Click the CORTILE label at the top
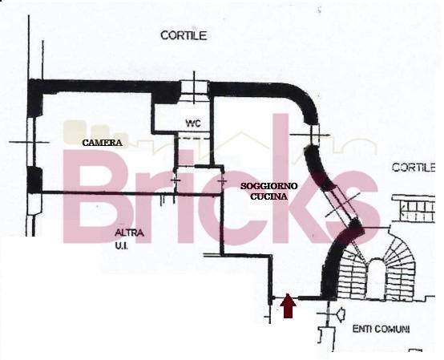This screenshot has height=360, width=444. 184,36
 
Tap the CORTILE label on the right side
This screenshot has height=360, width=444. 414,167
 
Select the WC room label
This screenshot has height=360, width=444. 193,123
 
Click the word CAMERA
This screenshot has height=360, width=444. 103,143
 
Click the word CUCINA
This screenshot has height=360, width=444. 268,196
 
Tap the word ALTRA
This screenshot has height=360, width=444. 129,233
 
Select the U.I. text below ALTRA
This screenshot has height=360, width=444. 122,246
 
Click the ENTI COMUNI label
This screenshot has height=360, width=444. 381,329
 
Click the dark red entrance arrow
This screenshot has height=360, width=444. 288,306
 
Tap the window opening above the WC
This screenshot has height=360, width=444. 194,87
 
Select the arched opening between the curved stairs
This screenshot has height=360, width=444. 375,278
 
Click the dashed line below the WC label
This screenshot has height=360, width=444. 192,138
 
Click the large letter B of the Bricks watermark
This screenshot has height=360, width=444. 95,196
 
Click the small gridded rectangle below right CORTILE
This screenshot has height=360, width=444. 414,208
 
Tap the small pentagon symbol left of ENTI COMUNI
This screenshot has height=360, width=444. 341,314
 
